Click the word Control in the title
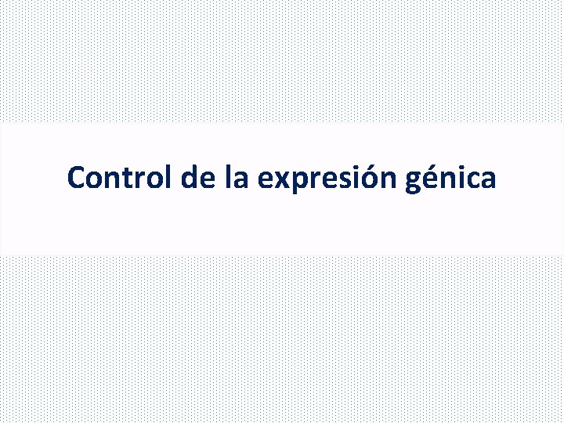coord(121,178)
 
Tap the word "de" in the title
coord(198,178)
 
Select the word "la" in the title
coord(237,178)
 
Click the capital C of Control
coord(76,178)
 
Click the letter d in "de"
coord(190,178)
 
